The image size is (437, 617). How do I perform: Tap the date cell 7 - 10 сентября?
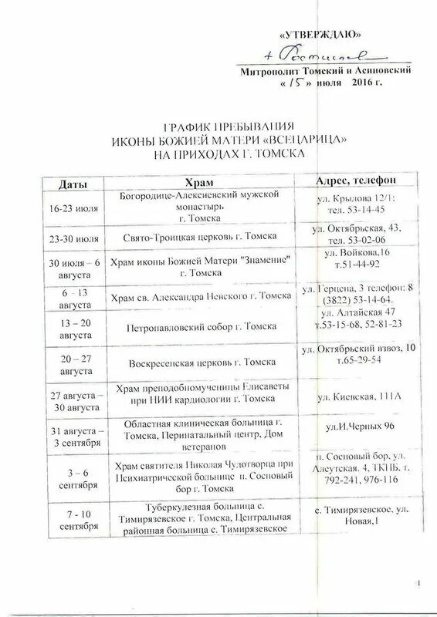[73, 518]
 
